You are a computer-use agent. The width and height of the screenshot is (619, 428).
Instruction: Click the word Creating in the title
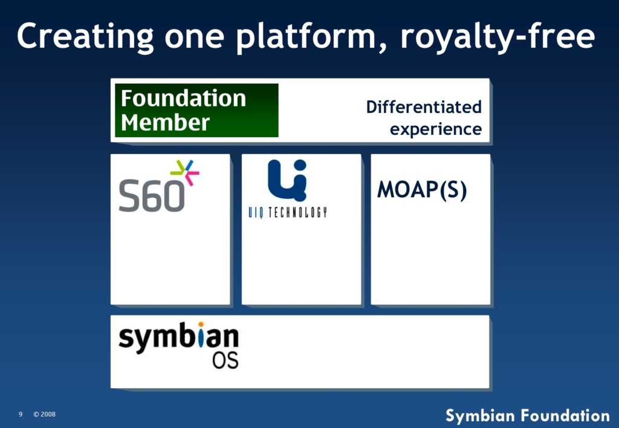85,37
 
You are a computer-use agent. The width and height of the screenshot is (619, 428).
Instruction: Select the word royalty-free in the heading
498,37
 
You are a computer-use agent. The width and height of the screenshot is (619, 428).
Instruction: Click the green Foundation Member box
196,110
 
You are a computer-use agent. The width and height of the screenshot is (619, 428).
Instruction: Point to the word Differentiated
424,106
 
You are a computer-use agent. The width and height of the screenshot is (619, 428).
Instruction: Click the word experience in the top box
436,129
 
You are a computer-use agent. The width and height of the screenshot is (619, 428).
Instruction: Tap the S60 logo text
152,196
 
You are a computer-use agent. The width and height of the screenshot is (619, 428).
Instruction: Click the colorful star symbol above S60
185,172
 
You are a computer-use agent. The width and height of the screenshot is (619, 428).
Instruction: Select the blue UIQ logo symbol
287,180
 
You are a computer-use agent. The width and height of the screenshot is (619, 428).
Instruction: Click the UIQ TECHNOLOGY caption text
287,213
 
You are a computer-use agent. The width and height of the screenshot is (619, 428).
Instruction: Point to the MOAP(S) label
422,190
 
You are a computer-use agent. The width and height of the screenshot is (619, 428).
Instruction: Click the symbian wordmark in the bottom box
178,337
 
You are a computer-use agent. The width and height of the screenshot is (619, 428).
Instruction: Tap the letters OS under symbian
225,360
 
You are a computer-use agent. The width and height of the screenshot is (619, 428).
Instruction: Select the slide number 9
21,414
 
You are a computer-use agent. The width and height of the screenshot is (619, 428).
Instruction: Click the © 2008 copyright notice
44,414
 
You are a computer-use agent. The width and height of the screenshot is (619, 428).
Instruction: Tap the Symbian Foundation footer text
528,416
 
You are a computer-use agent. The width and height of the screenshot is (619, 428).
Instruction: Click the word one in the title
195,37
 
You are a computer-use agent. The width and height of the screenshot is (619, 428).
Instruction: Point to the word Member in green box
165,122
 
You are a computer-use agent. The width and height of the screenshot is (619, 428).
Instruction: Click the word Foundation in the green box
183,99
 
